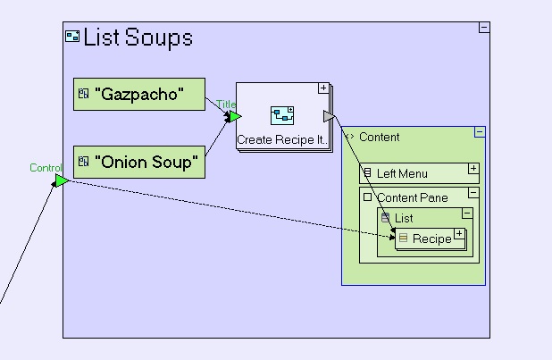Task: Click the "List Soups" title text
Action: [138, 38]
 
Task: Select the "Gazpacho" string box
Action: [139, 95]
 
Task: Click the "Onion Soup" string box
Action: [139, 162]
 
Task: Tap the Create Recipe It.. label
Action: [282, 140]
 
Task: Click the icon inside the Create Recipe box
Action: [283, 114]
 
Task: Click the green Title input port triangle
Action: [234, 116]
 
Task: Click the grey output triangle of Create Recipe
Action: [329, 117]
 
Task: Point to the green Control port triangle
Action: [61, 181]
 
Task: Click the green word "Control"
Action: [46, 167]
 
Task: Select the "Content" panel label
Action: [379, 138]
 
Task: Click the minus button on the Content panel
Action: [480, 132]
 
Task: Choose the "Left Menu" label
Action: [402, 173]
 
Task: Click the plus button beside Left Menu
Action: [473, 168]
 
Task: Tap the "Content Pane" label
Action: [412, 197]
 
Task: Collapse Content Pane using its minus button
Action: [473, 193]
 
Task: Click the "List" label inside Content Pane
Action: [404, 218]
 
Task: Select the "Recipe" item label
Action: [431, 239]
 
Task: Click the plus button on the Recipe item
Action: [459, 234]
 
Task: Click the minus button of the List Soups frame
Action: [484, 28]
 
